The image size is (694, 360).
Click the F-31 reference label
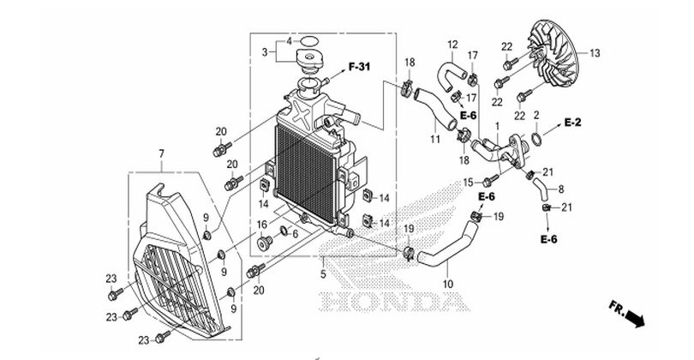click(359, 67)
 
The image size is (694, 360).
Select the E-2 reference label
click(572, 123)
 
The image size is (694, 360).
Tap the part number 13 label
click(595, 53)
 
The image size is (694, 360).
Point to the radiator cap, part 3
click(310, 60)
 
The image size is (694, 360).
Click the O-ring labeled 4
click(310, 41)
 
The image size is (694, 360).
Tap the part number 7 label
click(162, 153)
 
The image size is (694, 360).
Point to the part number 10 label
click(448, 284)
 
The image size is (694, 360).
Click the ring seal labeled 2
click(536, 139)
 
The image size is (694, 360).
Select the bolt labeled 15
click(490, 181)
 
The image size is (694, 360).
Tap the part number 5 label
click(323, 274)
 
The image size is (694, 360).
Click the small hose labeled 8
click(541, 187)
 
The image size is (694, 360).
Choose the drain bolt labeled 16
click(264, 243)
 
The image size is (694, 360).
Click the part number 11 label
click(435, 139)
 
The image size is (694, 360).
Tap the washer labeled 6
click(283, 231)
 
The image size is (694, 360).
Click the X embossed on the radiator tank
click(302, 114)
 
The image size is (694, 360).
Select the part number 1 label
click(497, 127)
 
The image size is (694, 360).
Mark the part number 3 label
click(265, 52)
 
